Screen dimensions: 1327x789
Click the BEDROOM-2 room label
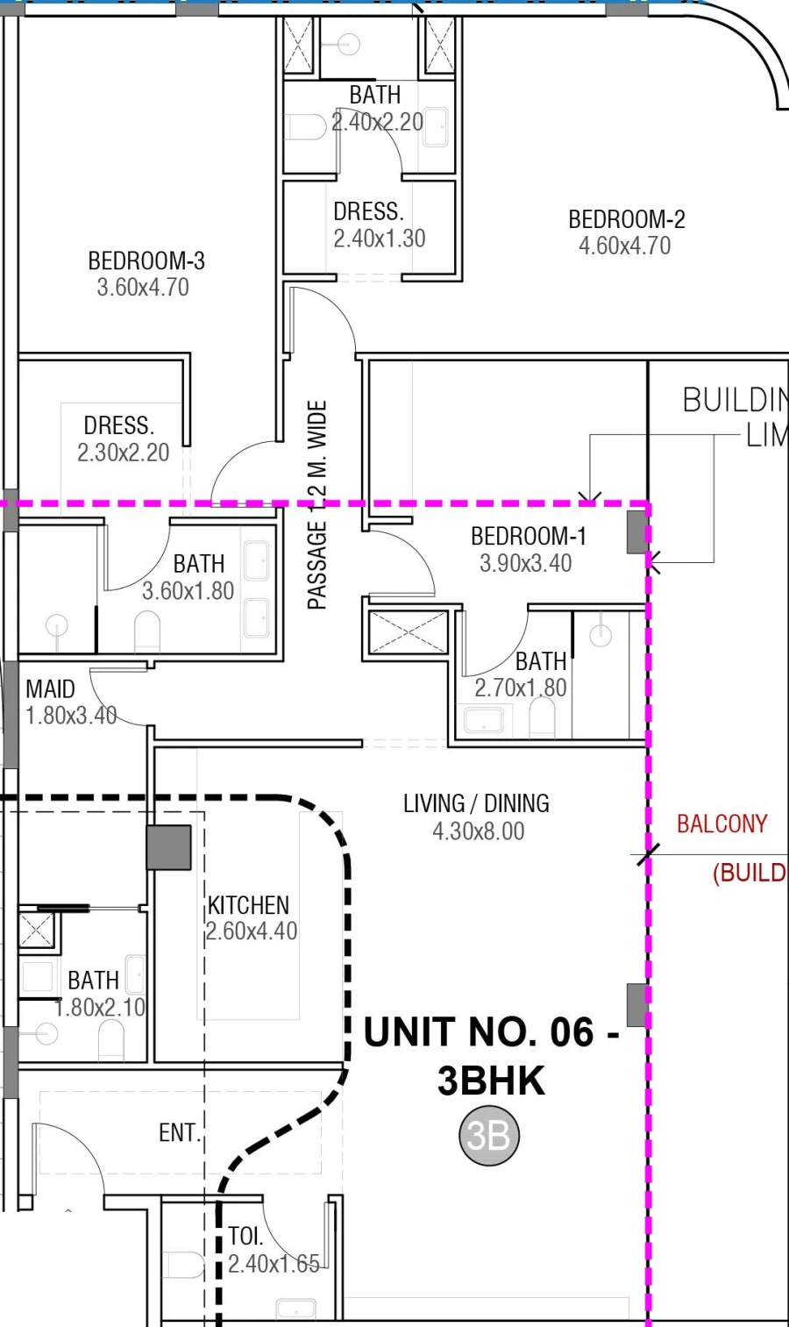(x=626, y=219)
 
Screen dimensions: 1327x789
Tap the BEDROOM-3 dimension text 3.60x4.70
(x=143, y=288)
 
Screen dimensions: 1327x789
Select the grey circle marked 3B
(x=489, y=1136)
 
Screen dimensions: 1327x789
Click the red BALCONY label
(x=721, y=824)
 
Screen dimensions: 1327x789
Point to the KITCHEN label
(x=248, y=905)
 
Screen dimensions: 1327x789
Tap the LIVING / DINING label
(x=476, y=803)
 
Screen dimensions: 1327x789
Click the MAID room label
(x=50, y=689)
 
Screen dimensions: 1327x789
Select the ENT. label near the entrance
(x=180, y=1133)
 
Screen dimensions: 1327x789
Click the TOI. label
(x=245, y=1237)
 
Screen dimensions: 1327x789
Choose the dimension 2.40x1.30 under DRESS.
(x=379, y=239)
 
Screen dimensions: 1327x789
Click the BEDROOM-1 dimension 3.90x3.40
(x=525, y=563)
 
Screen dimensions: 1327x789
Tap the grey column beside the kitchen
(x=168, y=847)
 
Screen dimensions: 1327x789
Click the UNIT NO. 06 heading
(x=491, y=1032)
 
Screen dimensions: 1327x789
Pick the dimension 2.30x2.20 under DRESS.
(x=123, y=453)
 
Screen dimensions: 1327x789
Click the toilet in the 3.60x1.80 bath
(x=147, y=630)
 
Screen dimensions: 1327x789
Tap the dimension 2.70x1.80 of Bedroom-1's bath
(x=520, y=688)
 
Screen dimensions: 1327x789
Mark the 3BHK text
(x=491, y=1081)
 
